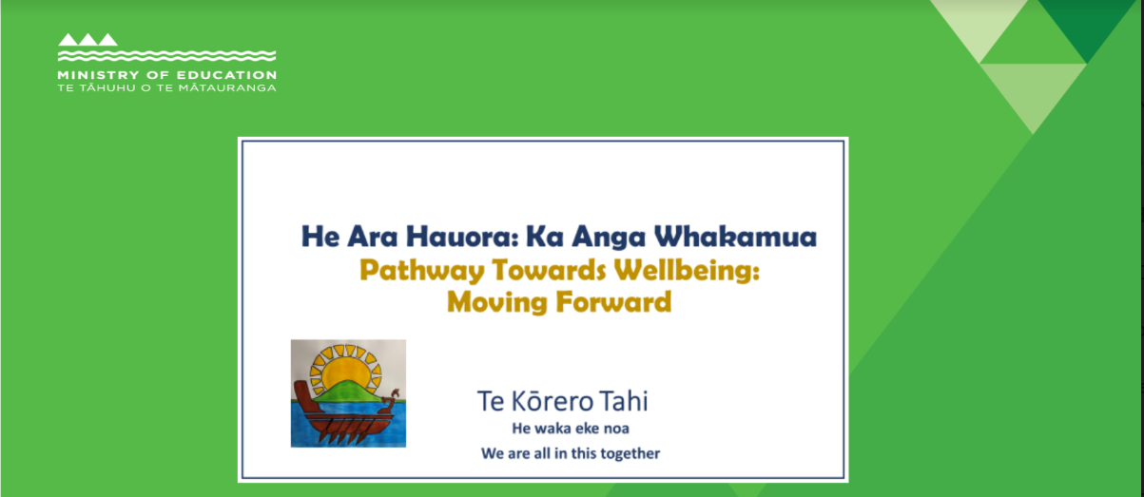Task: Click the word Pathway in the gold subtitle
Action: coord(422,271)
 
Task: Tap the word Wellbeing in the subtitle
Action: coord(687,271)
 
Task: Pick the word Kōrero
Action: coord(552,401)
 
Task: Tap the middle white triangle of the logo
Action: coord(87,40)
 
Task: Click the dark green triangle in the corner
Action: coord(1087,23)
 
